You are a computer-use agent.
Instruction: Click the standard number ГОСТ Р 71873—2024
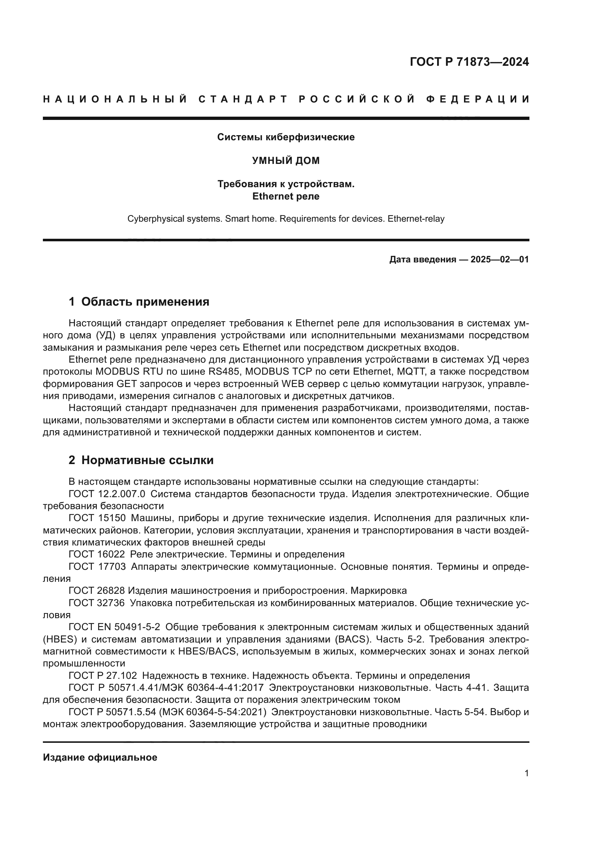coord(469,62)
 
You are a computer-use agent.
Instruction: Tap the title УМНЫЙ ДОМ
coord(286,161)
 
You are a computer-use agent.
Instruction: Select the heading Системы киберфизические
coord(286,137)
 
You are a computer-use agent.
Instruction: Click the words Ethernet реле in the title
coord(286,196)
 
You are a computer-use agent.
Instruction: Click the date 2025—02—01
coord(500,259)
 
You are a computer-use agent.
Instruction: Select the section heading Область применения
coord(145,302)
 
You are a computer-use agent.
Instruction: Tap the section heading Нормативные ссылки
coord(147,460)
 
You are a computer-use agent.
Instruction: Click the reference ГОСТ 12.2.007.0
coord(107,494)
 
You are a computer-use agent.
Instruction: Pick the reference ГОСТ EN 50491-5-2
coord(114,627)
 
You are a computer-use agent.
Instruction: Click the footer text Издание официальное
coord(100,757)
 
